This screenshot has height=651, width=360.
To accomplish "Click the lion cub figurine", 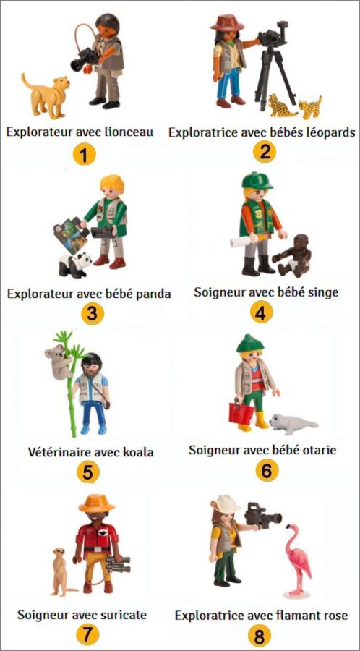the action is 46,96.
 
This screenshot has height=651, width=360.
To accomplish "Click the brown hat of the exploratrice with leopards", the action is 227,22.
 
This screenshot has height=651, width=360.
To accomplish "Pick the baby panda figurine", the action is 75,265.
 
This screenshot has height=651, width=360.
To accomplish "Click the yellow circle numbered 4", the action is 261,312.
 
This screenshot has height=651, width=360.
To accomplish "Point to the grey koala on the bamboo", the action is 58,361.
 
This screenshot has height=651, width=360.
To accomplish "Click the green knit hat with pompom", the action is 250,344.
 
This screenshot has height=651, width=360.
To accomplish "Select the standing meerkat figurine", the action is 62,571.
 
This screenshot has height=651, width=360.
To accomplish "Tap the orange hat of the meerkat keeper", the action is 97,503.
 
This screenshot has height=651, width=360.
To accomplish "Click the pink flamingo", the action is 298,561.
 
